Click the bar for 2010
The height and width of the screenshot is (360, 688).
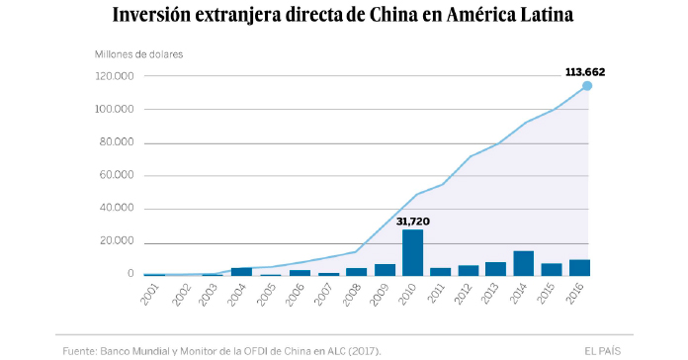coord(413,252)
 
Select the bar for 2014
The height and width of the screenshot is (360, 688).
coord(524,263)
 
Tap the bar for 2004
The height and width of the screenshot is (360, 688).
coord(241,271)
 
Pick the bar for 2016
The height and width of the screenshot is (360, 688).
coord(579,267)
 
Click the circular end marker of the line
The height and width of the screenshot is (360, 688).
coord(587,86)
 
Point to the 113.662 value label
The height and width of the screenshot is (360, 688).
coord(584,71)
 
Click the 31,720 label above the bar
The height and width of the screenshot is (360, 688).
coord(413,221)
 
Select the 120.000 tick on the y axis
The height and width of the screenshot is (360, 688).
coord(115,76)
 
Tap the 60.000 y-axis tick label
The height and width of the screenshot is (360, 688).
coord(117,176)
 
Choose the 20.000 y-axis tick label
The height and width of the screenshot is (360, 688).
coord(117,242)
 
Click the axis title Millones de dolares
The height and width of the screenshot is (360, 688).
coord(139,53)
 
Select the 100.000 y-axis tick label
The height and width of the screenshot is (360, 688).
coord(115,110)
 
